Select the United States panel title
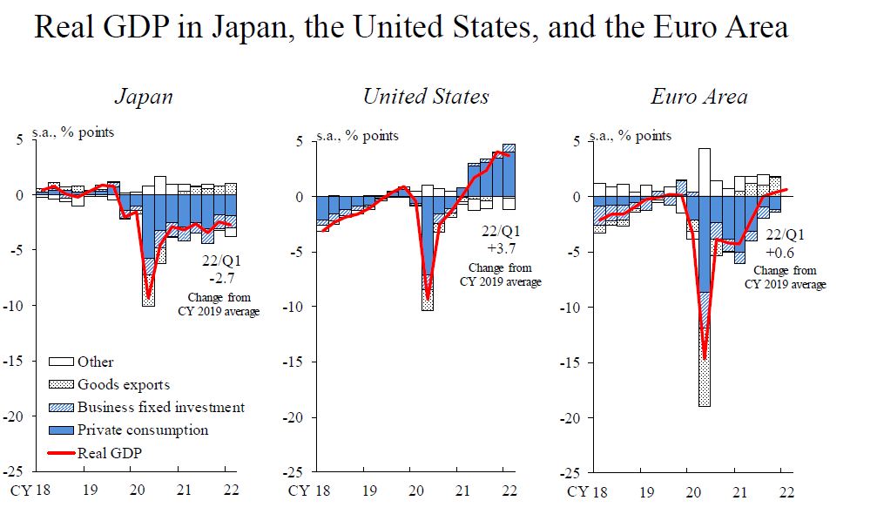(x=426, y=96)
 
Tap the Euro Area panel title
(x=698, y=96)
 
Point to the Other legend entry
(x=95, y=362)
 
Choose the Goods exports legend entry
(x=123, y=384)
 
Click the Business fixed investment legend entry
(x=160, y=407)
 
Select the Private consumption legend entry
(x=142, y=430)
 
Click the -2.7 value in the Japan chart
(x=218, y=278)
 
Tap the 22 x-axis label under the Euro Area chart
(x=786, y=492)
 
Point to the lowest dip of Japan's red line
(x=148, y=297)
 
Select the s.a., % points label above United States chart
(x=358, y=135)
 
